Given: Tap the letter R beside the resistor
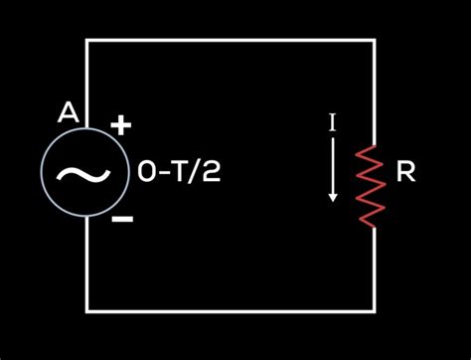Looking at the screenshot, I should coord(405,173).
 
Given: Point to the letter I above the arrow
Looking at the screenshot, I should coord(333,123).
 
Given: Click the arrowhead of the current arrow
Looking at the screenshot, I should coord(333,197).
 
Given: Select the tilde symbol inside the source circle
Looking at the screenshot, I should coord(77,173).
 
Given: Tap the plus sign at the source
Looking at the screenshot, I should coord(120,125).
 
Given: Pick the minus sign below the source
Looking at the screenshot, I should coord(122,219).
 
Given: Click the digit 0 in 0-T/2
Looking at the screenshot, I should coord(146,173).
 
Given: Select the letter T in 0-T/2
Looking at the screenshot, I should coord(179,173).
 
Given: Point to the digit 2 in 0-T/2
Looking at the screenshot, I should coord(210,173).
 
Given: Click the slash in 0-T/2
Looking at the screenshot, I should coord(195,173).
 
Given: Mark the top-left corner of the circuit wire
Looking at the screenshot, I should coord(87,40).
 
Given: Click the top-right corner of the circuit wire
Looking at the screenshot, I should coord(375,40).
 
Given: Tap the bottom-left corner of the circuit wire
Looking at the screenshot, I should coord(87,310).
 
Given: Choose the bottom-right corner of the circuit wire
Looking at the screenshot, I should coord(375,310).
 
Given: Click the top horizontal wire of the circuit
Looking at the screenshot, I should coord(231,40).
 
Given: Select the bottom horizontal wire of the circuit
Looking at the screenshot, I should coord(231,310).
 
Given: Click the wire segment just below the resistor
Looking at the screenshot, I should coord(375,269).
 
